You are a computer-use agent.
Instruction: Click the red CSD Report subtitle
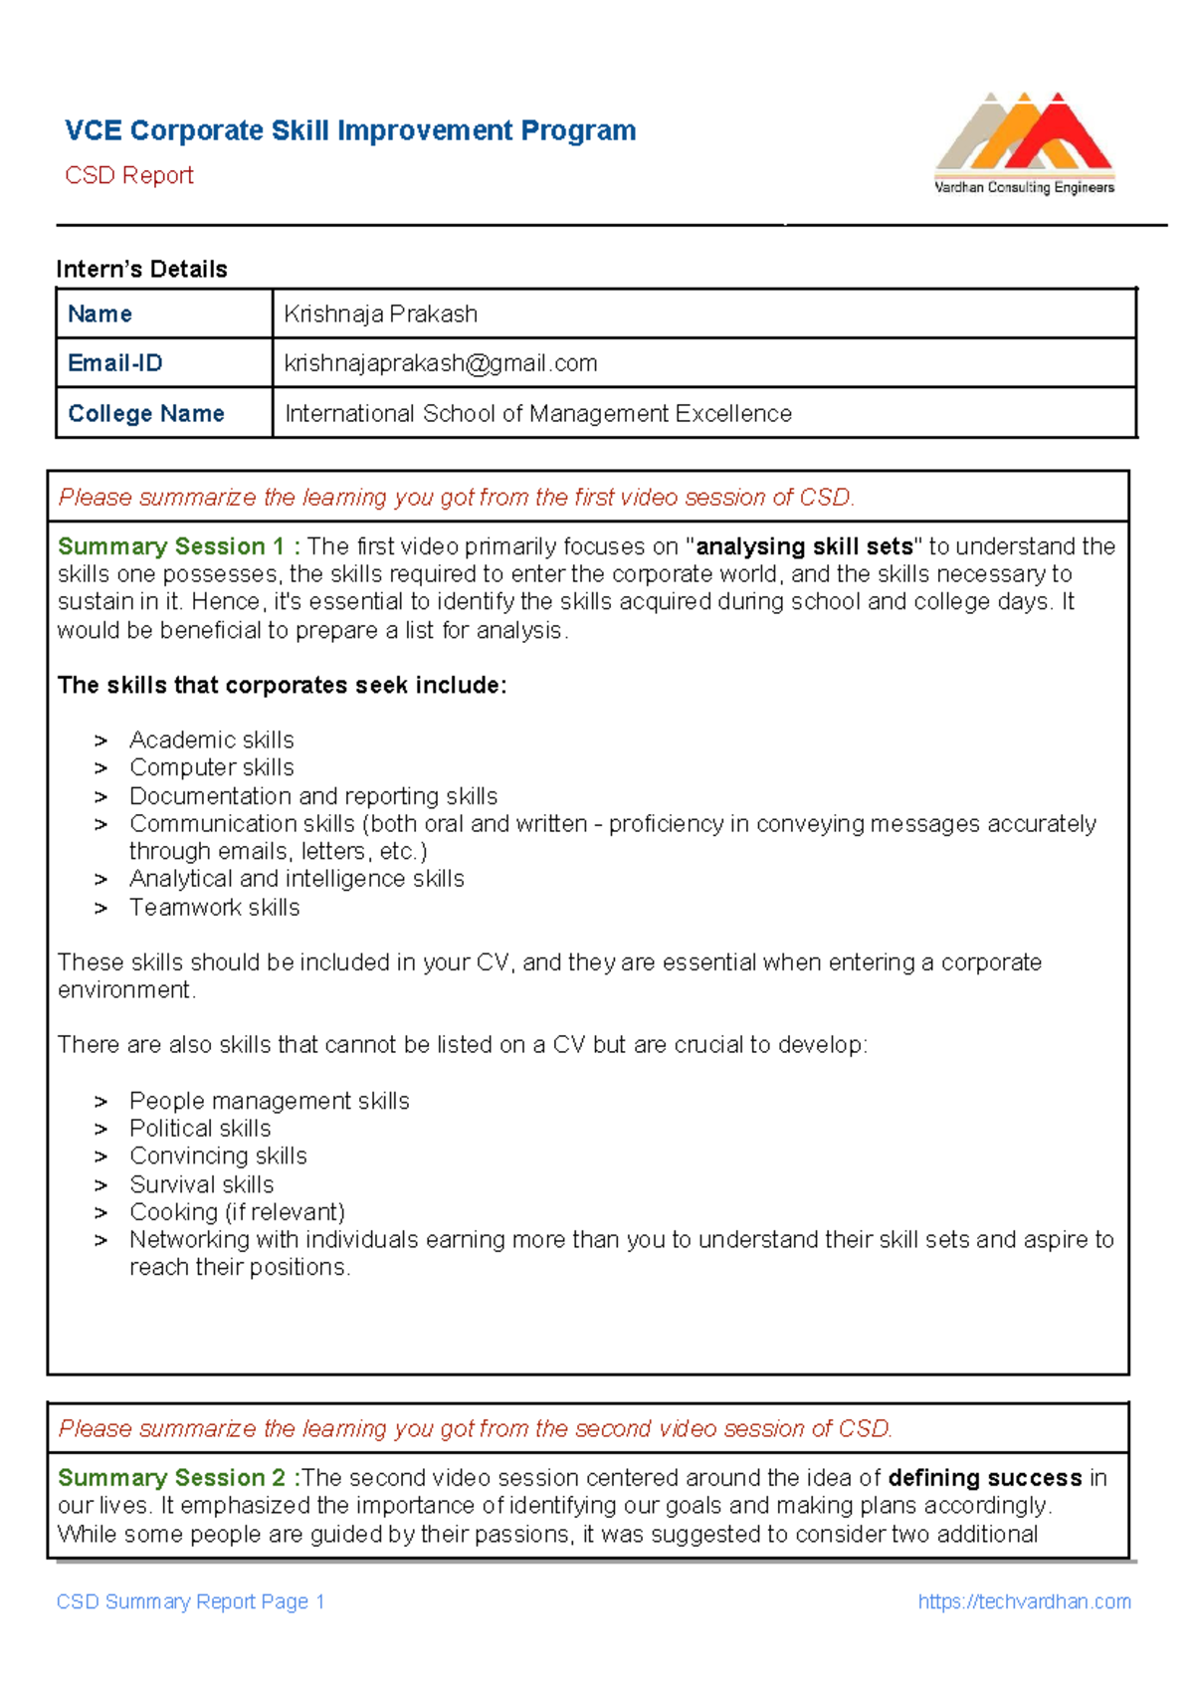(x=129, y=175)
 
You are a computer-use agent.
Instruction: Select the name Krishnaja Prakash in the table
(x=380, y=315)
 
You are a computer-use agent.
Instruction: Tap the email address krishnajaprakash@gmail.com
(x=441, y=363)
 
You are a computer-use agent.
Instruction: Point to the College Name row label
(x=146, y=413)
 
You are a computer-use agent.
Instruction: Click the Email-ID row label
(x=115, y=363)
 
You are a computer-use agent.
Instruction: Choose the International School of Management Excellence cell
(x=538, y=413)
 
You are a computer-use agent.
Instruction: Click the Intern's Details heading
(x=141, y=269)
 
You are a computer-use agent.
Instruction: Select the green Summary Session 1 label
(x=171, y=546)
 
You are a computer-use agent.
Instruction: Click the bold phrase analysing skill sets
(x=804, y=546)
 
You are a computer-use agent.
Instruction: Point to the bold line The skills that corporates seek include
(x=282, y=685)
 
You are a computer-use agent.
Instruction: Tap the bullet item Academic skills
(x=212, y=739)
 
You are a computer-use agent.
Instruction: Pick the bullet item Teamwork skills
(x=215, y=907)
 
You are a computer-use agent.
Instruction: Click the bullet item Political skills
(x=200, y=1128)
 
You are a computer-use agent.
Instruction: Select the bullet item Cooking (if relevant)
(x=237, y=1211)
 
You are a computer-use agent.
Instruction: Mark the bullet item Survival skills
(x=202, y=1184)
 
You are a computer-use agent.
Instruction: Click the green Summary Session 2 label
(x=172, y=1477)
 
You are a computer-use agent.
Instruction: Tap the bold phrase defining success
(x=984, y=1477)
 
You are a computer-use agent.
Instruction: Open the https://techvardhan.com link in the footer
(x=1024, y=1601)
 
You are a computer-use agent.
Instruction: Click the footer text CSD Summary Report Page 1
(x=191, y=1601)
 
